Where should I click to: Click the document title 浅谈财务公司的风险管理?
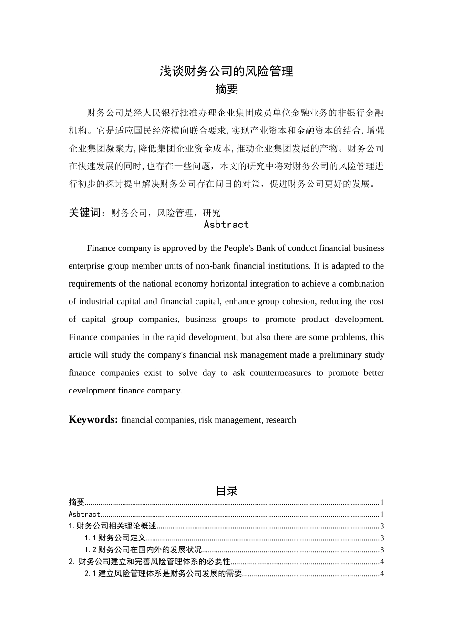226,72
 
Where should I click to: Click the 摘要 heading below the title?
226,89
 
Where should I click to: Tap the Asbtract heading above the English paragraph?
226,225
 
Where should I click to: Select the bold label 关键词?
86,213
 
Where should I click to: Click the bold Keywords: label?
93,420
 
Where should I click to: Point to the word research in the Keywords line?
281,420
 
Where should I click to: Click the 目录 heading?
226,490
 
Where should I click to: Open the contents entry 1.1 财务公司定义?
115,538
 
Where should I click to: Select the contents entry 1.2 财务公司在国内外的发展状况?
143,550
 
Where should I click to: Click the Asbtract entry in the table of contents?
84,514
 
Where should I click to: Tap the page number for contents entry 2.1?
382,574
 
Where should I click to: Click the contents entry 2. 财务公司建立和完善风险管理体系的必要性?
150,562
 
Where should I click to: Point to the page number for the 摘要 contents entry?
382,502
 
